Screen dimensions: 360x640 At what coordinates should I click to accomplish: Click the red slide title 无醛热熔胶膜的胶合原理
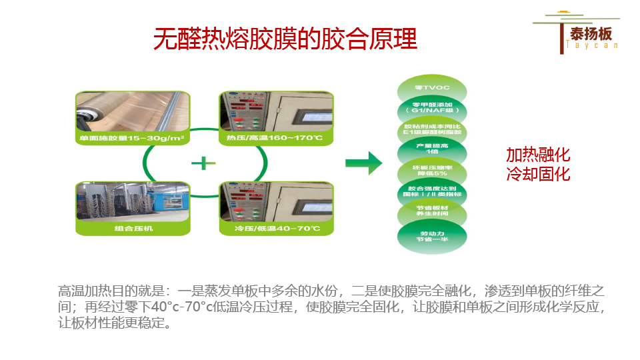point(285,39)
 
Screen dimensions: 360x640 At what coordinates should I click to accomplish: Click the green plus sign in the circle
point(205,163)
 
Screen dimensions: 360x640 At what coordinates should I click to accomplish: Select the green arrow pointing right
point(363,163)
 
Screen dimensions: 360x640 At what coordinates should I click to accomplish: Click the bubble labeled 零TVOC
point(431,88)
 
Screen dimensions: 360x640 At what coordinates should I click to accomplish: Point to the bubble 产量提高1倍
point(431,149)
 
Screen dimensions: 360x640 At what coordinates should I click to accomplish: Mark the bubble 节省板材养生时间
point(431,212)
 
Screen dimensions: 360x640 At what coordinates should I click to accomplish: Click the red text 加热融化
point(538,155)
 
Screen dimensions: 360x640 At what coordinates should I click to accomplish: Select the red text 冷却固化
point(538,174)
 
